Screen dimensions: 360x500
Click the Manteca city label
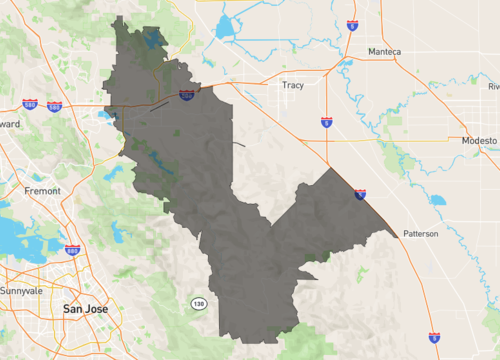point(384,52)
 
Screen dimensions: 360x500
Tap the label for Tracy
point(292,85)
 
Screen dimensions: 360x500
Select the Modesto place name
point(478,141)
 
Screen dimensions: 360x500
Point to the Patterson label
point(421,233)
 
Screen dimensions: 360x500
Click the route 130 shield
point(199,302)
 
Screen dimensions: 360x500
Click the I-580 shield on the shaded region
point(187,94)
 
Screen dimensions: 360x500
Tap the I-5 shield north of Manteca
point(352,23)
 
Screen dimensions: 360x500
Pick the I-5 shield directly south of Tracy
point(327,122)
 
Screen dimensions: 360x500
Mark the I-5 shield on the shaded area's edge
point(360,194)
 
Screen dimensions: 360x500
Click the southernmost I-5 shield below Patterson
point(433,338)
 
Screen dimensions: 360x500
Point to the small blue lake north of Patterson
point(437,200)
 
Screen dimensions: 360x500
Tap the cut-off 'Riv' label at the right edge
point(493,87)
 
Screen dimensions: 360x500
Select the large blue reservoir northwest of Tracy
point(222,27)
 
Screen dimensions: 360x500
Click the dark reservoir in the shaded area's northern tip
point(152,40)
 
